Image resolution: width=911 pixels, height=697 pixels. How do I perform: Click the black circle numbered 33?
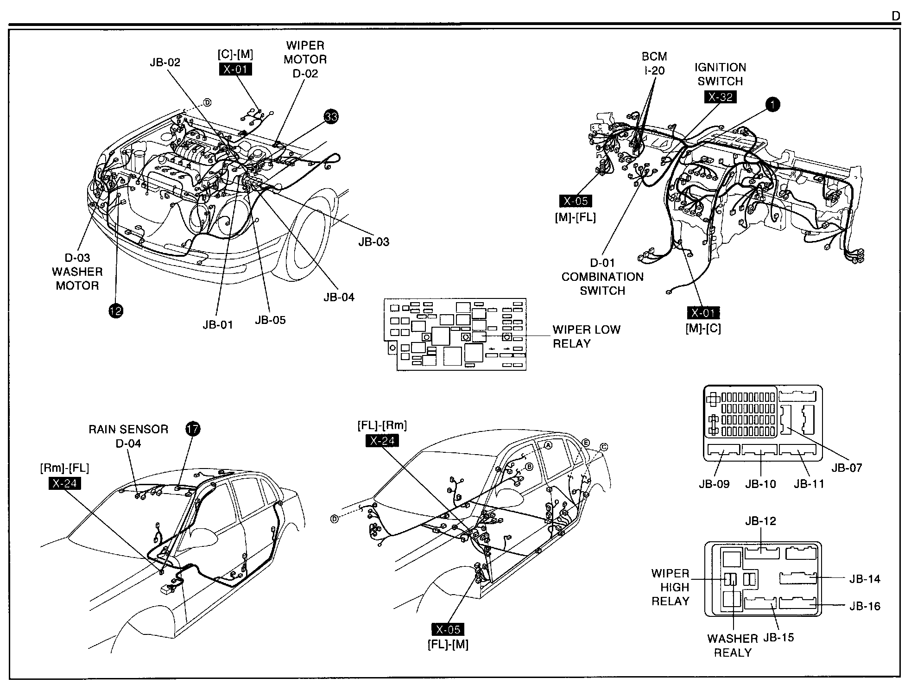click(x=331, y=116)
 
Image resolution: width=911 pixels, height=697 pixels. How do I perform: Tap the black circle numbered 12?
click(x=115, y=310)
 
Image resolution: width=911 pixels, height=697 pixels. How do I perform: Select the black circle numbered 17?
click(x=193, y=429)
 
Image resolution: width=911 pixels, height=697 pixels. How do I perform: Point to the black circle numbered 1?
click(x=772, y=105)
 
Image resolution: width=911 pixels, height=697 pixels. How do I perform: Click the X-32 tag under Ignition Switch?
click(x=720, y=97)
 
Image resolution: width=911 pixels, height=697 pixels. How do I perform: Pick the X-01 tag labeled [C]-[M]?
click(x=235, y=70)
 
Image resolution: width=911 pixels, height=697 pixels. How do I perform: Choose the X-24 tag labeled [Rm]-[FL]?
click(x=64, y=483)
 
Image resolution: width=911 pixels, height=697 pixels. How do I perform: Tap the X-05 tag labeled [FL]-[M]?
click(x=448, y=629)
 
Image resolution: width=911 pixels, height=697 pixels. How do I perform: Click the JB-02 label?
click(x=165, y=62)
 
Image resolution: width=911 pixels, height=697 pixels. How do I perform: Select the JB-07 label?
click(x=847, y=468)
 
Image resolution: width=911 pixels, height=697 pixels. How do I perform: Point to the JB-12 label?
click(x=760, y=521)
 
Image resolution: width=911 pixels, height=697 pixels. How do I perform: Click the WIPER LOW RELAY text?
click(x=586, y=336)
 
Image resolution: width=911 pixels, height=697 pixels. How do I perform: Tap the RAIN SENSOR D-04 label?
click(x=128, y=436)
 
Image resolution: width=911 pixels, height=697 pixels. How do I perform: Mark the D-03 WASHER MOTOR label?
click(x=77, y=272)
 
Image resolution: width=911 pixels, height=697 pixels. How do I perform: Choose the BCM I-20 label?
click(x=654, y=63)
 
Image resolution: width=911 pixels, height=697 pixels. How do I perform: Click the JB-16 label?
click(x=865, y=606)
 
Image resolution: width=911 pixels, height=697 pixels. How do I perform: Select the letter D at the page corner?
click(x=896, y=16)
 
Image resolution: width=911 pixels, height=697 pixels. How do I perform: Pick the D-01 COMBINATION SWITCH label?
click(x=602, y=277)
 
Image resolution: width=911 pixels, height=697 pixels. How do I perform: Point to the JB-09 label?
click(x=714, y=484)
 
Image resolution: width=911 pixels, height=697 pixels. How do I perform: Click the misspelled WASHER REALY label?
click(x=733, y=646)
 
